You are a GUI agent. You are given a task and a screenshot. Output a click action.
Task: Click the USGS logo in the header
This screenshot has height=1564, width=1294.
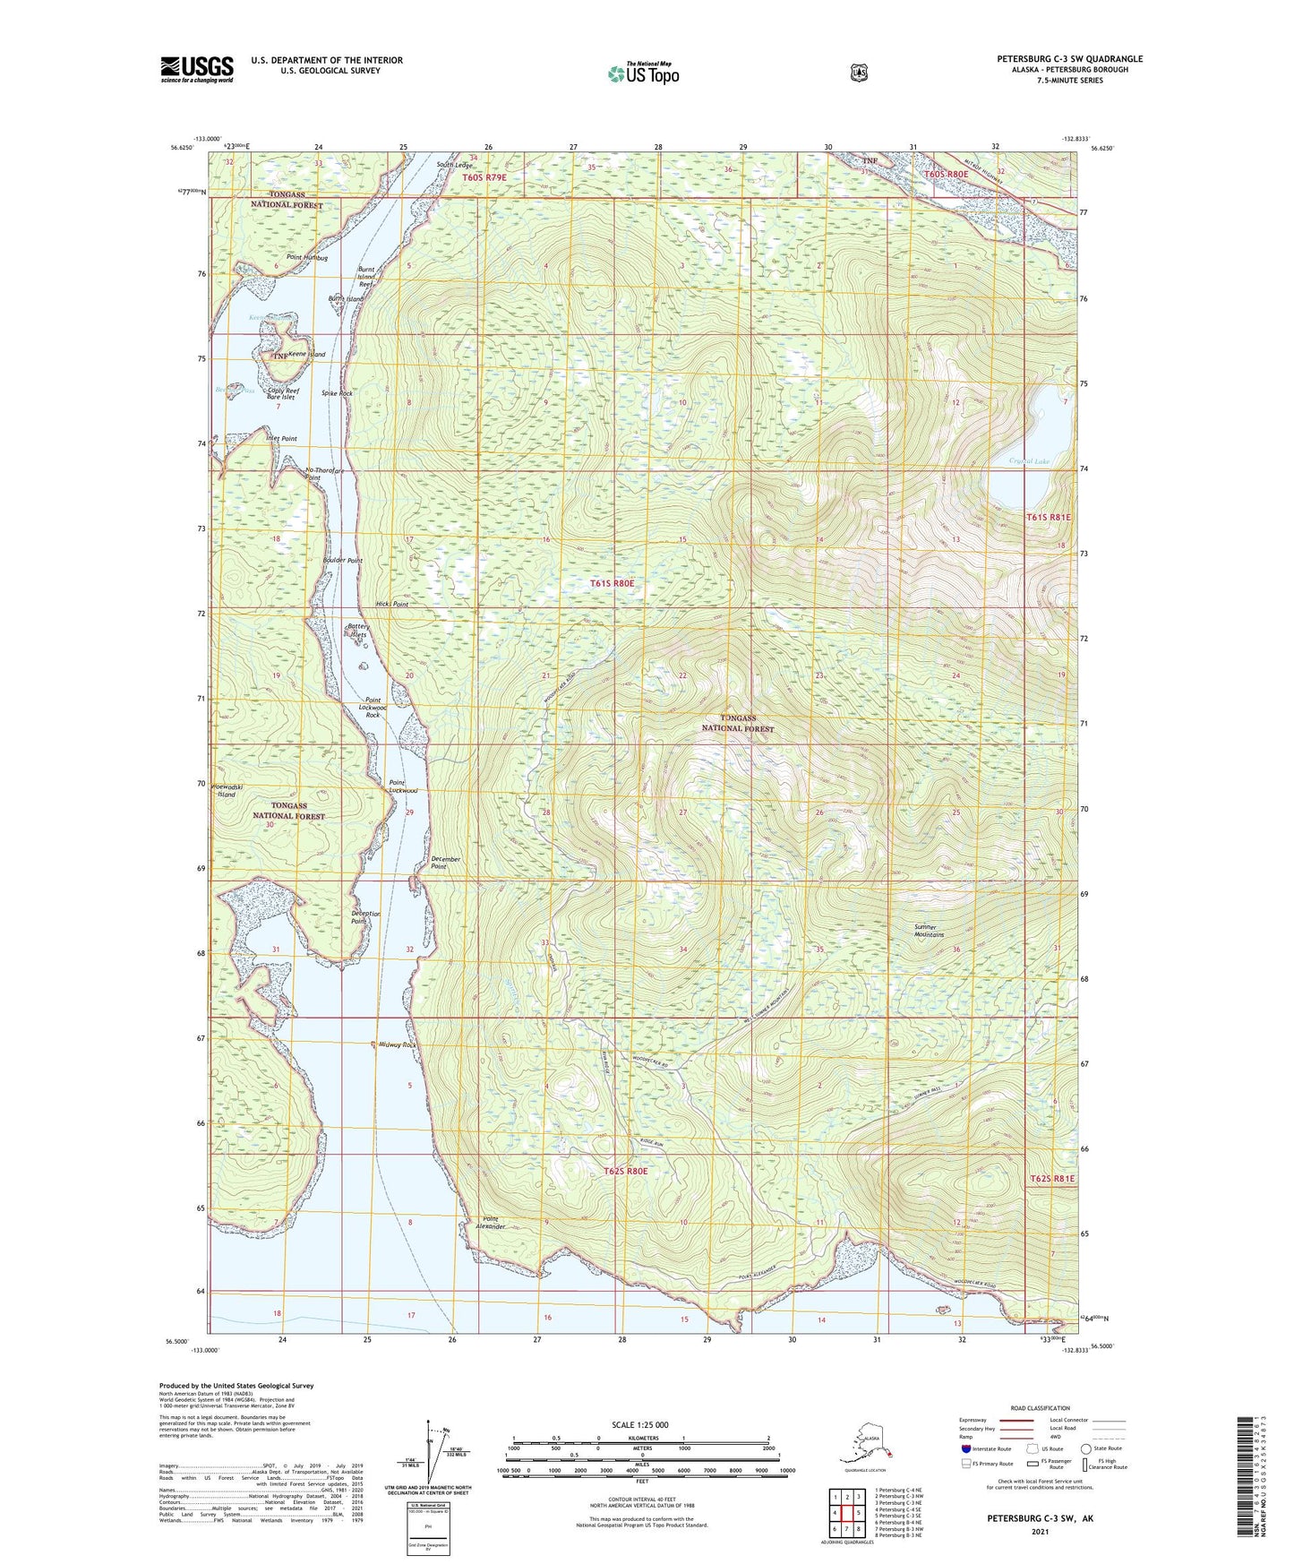click(x=197, y=69)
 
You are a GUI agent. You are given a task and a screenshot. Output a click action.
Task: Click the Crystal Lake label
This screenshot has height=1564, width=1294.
click(x=1024, y=461)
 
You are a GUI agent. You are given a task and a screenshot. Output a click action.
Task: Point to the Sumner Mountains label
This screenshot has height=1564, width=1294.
click(x=929, y=931)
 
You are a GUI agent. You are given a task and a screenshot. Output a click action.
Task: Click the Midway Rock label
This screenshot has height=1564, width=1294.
click(x=398, y=1045)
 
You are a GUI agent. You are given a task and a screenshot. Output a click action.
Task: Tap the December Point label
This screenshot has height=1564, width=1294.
click(x=445, y=863)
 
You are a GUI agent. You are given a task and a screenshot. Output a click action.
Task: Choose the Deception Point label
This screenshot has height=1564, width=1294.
click(x=365, y=917)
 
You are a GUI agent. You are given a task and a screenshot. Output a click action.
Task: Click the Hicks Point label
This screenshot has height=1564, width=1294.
click(x=392, y=605)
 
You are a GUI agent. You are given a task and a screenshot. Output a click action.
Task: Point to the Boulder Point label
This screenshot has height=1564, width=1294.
click(x=342, y=561)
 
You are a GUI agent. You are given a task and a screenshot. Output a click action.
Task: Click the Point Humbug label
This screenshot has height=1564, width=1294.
click(x=307, y=258)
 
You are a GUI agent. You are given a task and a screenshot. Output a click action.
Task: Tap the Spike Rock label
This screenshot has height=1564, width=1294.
click(x=337, y=393)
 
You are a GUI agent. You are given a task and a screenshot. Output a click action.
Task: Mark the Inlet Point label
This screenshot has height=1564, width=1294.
click(x=281, y=439)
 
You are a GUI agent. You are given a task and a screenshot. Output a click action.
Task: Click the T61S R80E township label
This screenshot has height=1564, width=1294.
click(x=612, y=583)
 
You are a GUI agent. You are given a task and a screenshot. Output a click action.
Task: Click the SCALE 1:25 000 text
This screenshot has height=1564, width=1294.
click(x=639, y=1424)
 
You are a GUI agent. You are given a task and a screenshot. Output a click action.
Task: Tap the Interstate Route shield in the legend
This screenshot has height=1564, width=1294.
click(x=965, y=1448)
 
